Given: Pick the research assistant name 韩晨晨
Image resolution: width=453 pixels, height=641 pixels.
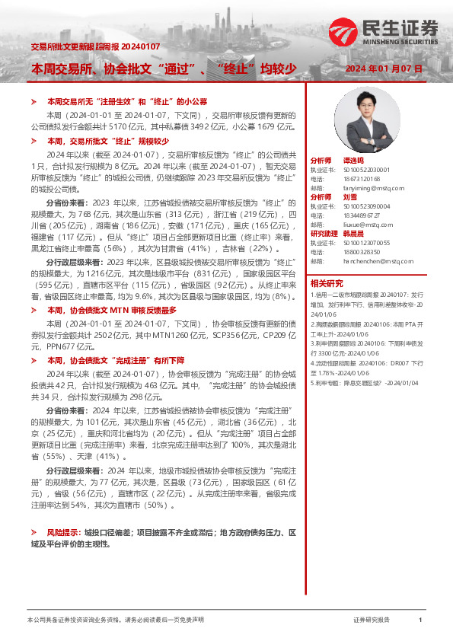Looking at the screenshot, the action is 355,233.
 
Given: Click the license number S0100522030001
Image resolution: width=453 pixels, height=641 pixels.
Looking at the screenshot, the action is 366,170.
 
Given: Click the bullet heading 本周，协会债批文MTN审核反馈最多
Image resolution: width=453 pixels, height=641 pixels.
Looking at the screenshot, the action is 112,311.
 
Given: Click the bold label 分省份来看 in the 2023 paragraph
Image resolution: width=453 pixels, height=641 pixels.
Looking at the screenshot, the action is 67,203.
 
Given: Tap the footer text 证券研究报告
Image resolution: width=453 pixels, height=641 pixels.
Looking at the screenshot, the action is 372,620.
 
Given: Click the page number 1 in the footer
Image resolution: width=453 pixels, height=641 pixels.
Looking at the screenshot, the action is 420,620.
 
